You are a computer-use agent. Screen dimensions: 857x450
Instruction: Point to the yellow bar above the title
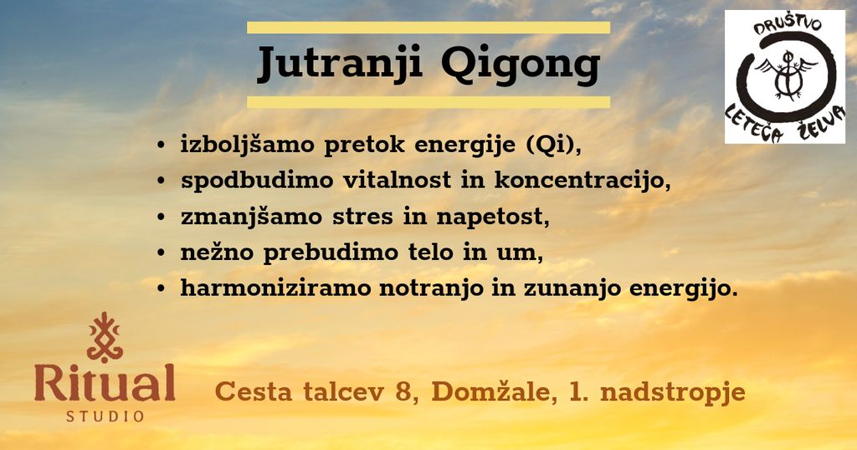click(428, 28)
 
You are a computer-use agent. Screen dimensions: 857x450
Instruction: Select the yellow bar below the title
click(428, 102)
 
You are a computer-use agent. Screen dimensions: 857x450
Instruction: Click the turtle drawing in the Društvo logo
click(786, 76)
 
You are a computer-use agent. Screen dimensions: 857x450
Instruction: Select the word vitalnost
click(397, 180)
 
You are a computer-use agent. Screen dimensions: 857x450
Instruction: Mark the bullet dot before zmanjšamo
click(161, 217)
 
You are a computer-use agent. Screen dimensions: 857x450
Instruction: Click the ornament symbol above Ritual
click(105, 338)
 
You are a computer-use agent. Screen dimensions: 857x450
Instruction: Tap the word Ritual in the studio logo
click(105, 383)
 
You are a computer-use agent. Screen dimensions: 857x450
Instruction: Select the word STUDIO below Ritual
click(105, 417)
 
